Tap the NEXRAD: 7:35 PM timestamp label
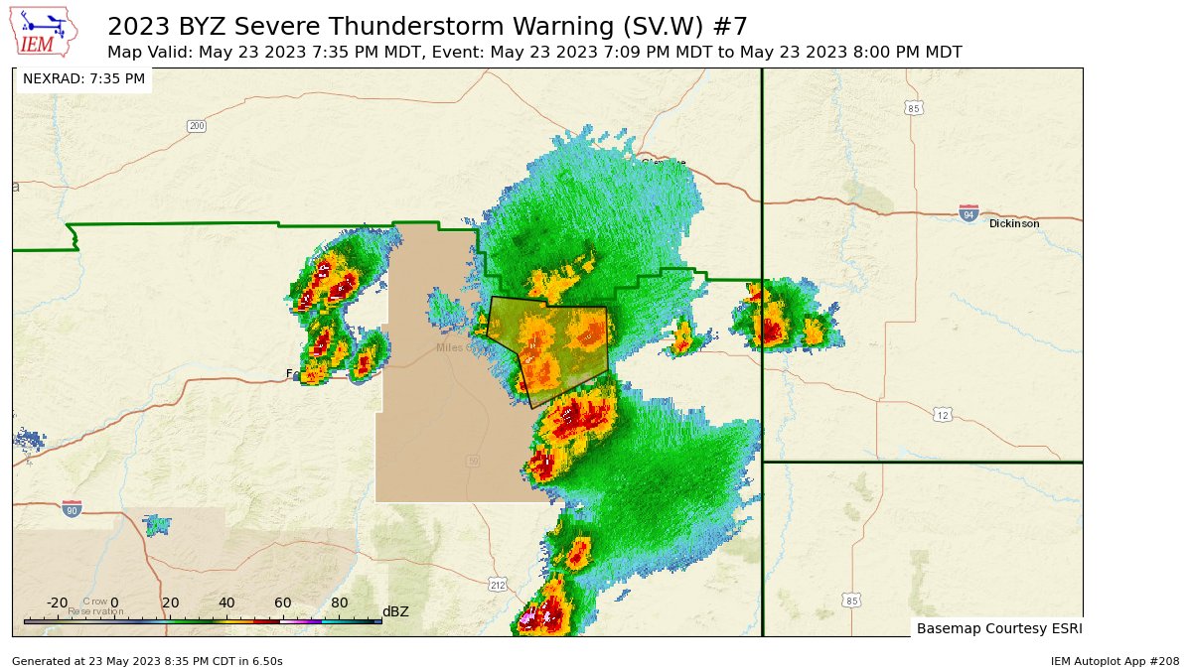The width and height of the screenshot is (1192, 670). pos(83,78)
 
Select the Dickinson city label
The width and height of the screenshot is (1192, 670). pos(1014,224)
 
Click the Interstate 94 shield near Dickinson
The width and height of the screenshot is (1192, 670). pos(968,213)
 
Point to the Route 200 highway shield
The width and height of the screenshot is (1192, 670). pos(196,126)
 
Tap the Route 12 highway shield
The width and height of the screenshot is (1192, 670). pos(942,414)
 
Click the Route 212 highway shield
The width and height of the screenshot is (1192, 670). pos(498,586)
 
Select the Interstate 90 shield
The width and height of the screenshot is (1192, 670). pos(72,508)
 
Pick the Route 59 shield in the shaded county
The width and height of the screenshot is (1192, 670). pos(473,461)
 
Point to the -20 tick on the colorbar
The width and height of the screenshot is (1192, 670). pos(58,603)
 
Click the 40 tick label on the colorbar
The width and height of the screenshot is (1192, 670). pos(226,603)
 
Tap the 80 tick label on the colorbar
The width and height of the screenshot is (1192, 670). pos(340,603)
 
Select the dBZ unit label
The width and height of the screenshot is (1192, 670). pos(395,612)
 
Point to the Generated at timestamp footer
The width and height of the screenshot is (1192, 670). pos(147,661)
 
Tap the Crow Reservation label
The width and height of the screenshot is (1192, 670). pos(95,606)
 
